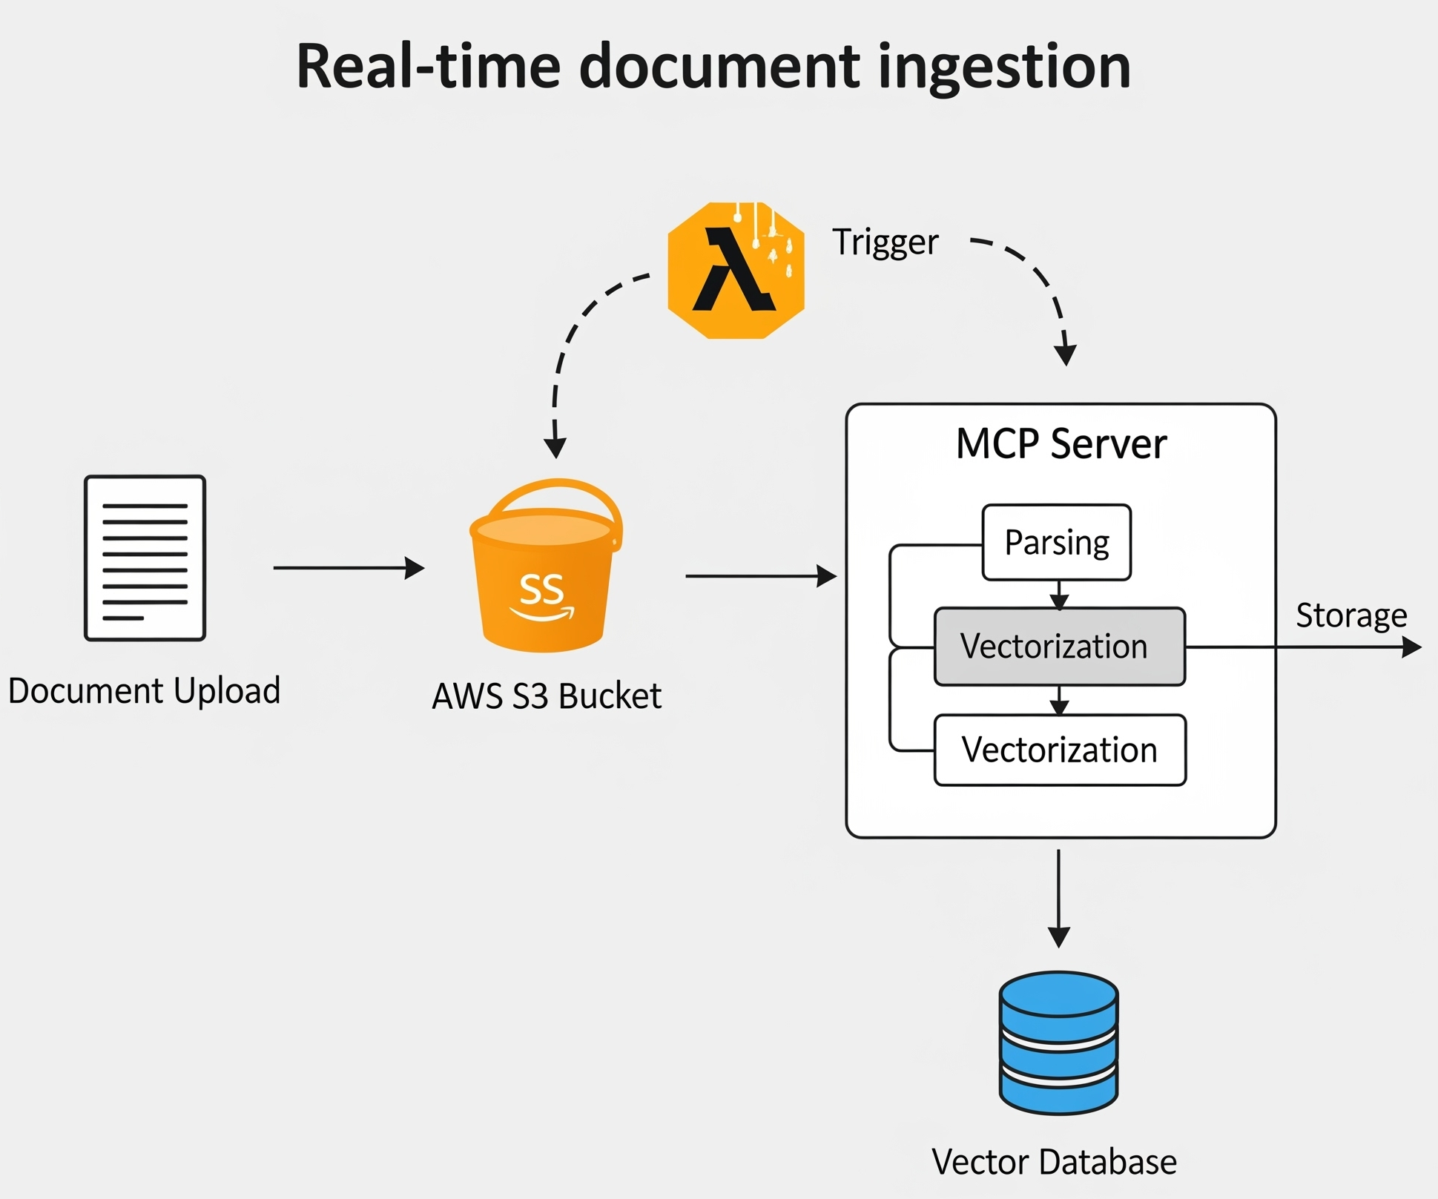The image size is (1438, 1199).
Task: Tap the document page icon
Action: tap(145, 558)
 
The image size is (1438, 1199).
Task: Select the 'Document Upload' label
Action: tap(145, 690)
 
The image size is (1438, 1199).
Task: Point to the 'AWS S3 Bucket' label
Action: tap(547, 696)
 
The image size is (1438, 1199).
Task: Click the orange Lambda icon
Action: tap(736, 271)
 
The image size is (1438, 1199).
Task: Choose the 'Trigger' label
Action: tap(885, 242)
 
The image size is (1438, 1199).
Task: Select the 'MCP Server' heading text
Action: tap(1061, 444)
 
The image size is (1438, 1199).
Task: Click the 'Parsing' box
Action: tap(1056, 543)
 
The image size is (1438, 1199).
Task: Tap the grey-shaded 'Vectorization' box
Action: tap(1059, 647)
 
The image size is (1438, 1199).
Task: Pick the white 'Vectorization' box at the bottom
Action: tap(1059, 750)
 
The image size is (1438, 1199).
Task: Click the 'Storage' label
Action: tap(1351, 615)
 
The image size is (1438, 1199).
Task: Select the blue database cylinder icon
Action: tap(1058, 1043)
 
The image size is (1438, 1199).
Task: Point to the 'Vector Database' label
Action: tap(1054, 1161)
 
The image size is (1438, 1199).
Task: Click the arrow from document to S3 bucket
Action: tap(349, 568)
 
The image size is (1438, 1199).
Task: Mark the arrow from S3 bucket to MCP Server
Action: tap(760, 575)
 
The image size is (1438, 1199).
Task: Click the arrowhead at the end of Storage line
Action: tap(1411, 647)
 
